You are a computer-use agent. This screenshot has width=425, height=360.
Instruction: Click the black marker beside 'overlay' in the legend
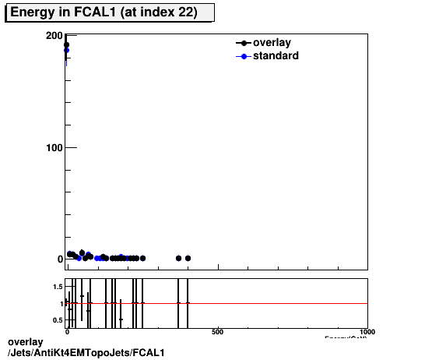click(244, 44)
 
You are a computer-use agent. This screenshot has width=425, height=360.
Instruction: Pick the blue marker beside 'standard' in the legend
click(244, 56)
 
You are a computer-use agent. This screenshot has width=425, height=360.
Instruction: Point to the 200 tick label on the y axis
click(54, 36)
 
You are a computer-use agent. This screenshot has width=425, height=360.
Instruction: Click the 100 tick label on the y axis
click(54, 147)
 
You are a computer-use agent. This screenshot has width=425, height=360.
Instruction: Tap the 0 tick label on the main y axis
click(58, 259)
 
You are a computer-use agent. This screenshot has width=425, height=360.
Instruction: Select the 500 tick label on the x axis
click(218, 331)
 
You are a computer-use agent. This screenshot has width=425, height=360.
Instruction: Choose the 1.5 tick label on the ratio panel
click(57, 287)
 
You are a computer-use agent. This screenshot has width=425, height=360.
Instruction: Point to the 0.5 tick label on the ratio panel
click(57, 319)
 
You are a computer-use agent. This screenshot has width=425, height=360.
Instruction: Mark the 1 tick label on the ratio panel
click(60, 303)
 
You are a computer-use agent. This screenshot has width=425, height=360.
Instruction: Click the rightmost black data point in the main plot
click(188, 258)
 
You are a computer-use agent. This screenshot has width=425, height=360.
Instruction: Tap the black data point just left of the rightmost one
click(178, 258)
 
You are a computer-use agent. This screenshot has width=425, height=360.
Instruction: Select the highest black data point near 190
click(66, 44)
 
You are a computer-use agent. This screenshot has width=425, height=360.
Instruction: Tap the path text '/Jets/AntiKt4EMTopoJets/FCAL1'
click(86, 353)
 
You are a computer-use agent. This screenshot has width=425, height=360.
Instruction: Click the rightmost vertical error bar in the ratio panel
click(188, 303)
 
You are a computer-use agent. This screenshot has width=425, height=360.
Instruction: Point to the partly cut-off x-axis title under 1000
click(346, 337)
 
